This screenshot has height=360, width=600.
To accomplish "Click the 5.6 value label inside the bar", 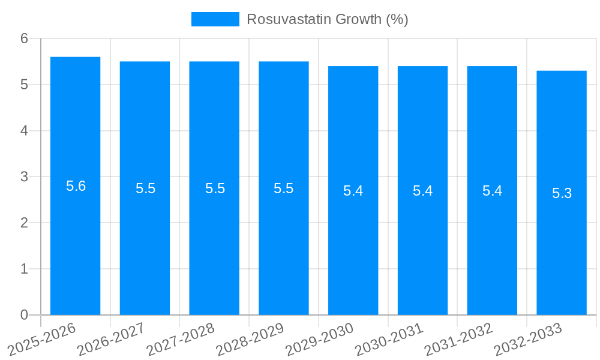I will (x=76, y=186).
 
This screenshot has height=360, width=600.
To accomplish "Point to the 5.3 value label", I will (x=562, y=193).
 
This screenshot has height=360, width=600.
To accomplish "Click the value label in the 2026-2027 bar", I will (x=145, y=188).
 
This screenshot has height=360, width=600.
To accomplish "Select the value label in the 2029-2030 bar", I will (x=353, y=191).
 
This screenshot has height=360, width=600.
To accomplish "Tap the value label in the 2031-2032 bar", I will (x=492, y=191).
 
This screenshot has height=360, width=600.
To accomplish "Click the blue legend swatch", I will (x=215, y=19).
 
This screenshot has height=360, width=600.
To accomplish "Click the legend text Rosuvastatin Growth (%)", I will (x=327, y=19).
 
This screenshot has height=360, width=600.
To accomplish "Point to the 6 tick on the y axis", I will (x=24, y=38).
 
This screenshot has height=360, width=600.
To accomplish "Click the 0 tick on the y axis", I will (x=24, y=315).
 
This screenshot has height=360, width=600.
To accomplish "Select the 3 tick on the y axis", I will (x=24, y=177).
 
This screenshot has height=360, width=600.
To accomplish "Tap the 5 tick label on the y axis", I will (x=24, y=85).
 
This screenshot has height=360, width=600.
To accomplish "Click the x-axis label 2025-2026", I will (x=42, y=338).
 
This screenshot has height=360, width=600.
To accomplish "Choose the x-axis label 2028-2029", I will (x=250, y=338).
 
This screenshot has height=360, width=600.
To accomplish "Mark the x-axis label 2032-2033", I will (x=527, y=338).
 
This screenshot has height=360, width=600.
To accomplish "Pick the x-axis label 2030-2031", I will (x=389, y=338).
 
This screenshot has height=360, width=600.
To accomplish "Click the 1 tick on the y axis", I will (x=24, y=269).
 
